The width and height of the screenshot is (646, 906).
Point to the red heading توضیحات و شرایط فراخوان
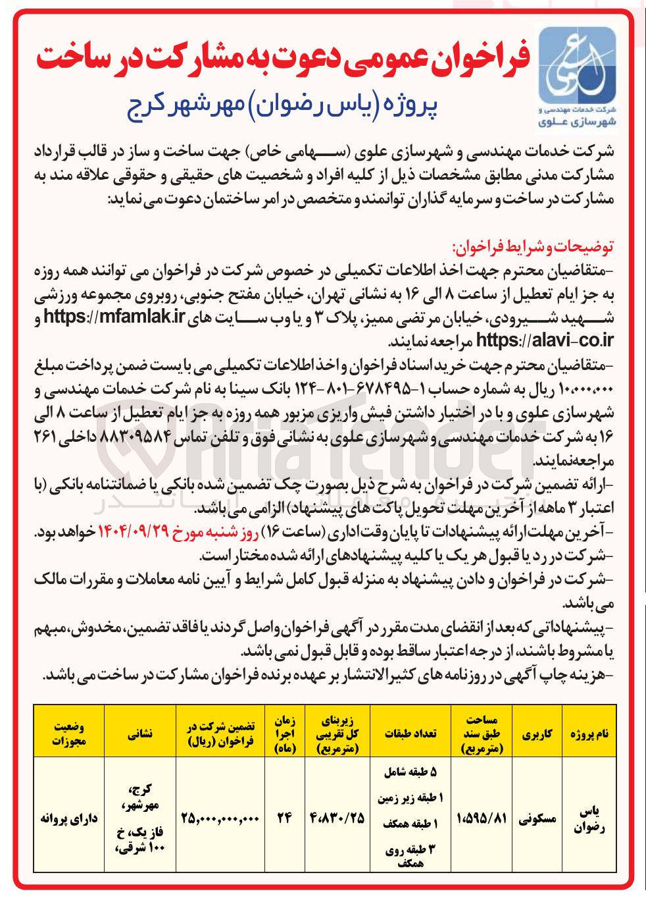pyautogui.click(x=532, y=248)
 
